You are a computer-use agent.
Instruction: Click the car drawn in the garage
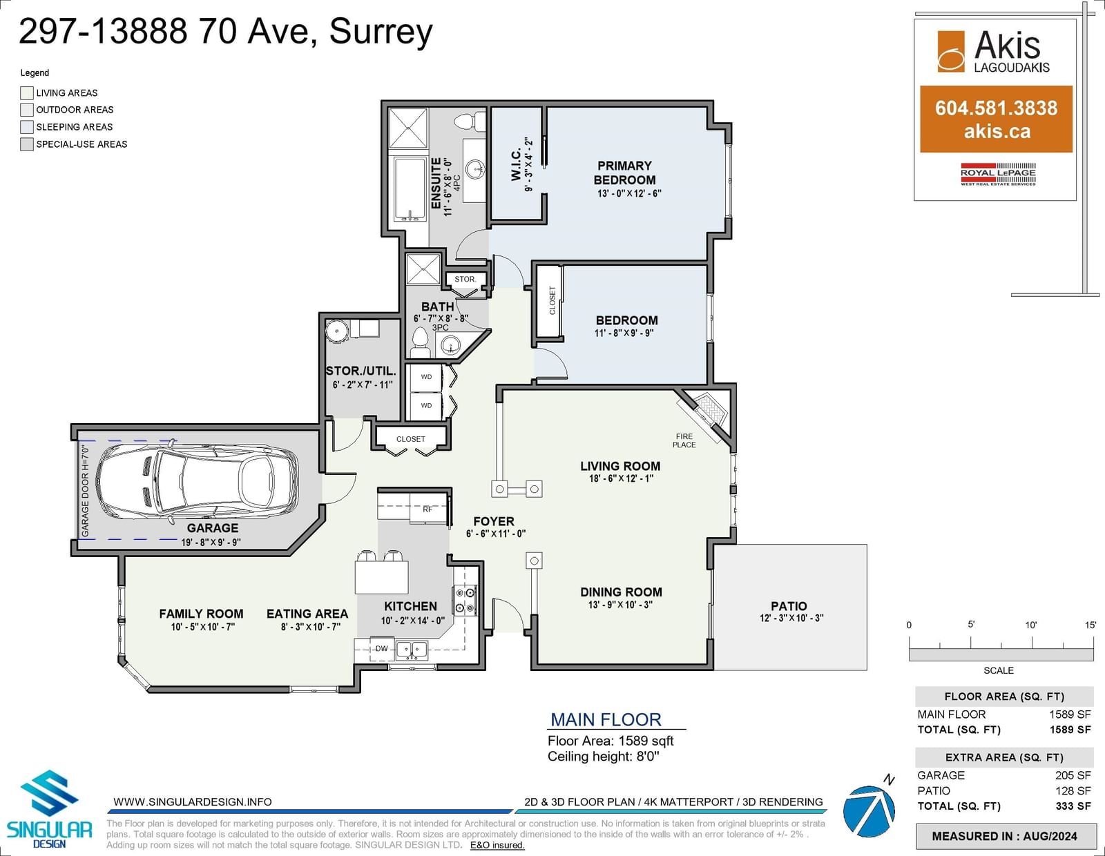(198, 480)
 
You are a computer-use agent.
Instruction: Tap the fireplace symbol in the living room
(707, 411)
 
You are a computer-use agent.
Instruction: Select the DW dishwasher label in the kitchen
(381, 648)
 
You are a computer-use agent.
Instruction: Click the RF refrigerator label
(427, 509)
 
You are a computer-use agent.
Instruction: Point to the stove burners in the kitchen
(465, 601)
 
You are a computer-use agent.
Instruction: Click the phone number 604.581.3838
(996, 108)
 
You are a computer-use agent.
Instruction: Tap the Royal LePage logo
(998, 174)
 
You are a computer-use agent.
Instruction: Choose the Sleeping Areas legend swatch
(27, 126)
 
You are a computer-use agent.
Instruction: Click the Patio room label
(788, 606)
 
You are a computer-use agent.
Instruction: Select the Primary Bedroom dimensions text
(629, 193)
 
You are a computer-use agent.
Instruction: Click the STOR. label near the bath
(465, 279)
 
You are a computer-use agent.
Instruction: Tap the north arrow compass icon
(869, 808)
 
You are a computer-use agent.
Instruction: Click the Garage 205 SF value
(1073, 775)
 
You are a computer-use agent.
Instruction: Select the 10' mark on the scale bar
(1030, 625)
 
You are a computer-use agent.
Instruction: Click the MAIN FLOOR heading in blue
(606, 719)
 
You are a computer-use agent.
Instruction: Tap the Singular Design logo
(49, 809)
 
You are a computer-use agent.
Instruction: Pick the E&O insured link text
(497, 845)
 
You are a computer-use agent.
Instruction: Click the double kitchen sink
(412, 649)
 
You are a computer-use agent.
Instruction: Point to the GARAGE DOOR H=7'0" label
(85, 491)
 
